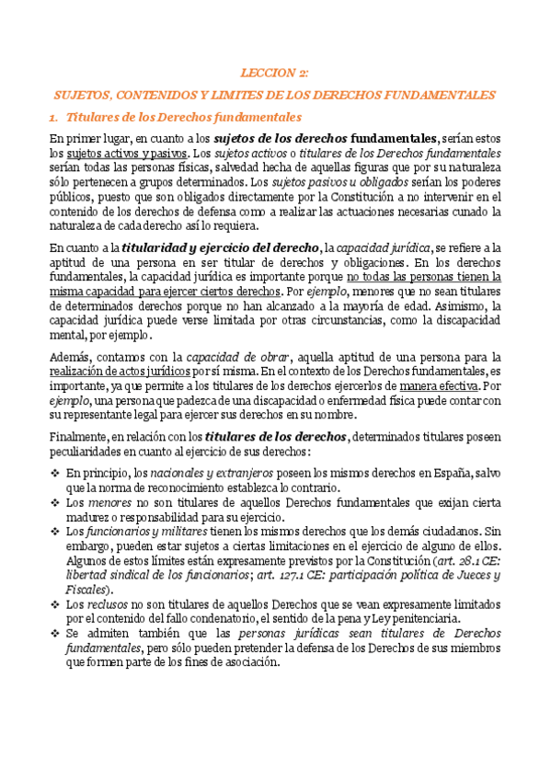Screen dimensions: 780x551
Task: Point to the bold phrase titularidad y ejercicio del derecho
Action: (221, 247)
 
